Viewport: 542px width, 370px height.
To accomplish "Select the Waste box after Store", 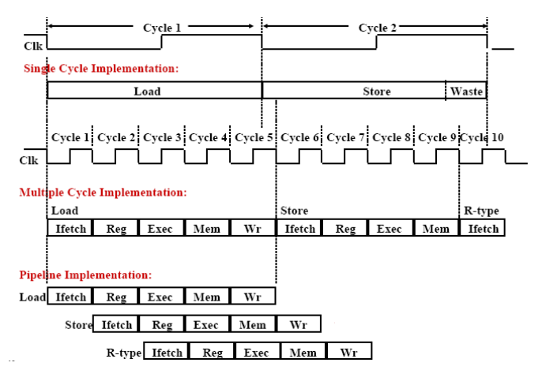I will (x=466, y=91).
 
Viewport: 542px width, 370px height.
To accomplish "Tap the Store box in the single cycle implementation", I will (x=376, y=91).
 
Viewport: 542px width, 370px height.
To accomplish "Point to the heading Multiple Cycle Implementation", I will (x=103, y=192).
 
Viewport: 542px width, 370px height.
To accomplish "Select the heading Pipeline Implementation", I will (x=85, y=275).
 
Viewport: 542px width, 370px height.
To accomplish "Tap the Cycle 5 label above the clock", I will (x=254, y=137).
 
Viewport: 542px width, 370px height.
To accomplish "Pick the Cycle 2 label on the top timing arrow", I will (x=378, y=28).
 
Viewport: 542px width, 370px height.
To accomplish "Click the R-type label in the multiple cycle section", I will (x=482, y=211).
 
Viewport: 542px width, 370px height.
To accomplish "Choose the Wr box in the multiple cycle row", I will (x=253, y=229).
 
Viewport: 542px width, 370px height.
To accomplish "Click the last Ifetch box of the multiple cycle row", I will (x=482, y=229).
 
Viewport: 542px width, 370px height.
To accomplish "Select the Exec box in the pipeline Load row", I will (x=160, y=297).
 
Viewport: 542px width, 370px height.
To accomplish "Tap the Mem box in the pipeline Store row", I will (x=253, y=324).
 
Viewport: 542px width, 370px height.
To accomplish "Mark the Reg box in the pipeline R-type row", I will (x=212, y=352).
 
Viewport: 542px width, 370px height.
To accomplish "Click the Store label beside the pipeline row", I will (x=78, y=324).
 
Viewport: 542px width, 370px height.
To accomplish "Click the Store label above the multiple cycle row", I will (x=295, y=211).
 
